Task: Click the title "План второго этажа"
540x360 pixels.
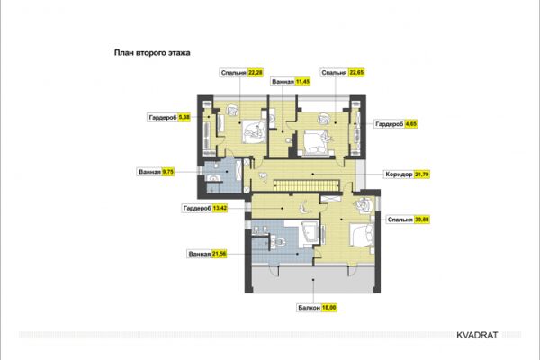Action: [x=152, y=53]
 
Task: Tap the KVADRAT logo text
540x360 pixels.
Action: [x=477, y=335]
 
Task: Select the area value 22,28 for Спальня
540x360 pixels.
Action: [x=256, y=73]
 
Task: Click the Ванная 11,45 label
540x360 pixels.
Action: [x=291, y=82]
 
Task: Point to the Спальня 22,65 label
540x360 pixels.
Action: [x=342, y=73]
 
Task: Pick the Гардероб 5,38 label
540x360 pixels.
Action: [x=169, y=118]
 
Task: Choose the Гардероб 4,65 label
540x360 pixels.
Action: [x=396, y=124]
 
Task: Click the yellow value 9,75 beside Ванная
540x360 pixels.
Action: [x=168, y=172]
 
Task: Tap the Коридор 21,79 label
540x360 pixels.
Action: [x=407, y=175]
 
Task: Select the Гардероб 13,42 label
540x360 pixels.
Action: [x=205, y=208]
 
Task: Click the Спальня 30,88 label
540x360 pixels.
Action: [x=408, y=220]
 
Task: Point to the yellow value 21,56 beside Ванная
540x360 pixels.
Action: [x=220, y=254]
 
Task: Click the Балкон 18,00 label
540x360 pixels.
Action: [x=317, y=308]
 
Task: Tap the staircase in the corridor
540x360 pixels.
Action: [x=306, y=185]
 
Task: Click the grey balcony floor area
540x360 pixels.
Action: [x=312, y=279]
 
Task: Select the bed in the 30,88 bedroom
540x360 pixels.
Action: [x=362, y=235]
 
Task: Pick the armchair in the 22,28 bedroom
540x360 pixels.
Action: [x=233, y=111]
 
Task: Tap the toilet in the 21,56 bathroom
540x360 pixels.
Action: [x=278, y=241]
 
